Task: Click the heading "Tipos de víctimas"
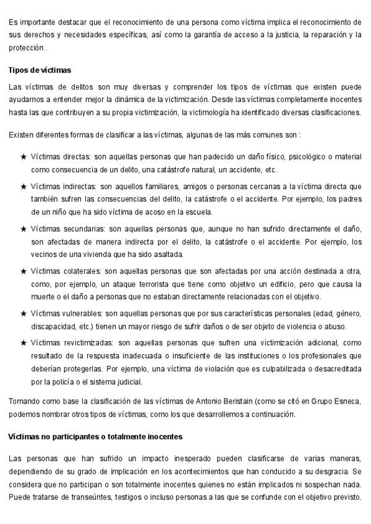pyautogui.click(x=40, y=70)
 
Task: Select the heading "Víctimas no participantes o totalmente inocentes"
pyautogui.click(x=95, y=436)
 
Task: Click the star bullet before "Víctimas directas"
pyautogui.click(x=23, y=157)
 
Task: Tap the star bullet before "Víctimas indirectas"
pyautogui.click(x=23, y=185)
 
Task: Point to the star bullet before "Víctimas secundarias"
pyautogui.click(x=23, y=228)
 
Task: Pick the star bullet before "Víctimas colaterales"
pyautogui.click(x=23, y=271)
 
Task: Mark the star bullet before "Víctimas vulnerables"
pyautogui.click(x=23, y=313)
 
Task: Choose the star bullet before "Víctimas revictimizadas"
pyautogui.click(x=23, y=342)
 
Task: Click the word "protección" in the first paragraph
pyautogui.click(x=26, y=48)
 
